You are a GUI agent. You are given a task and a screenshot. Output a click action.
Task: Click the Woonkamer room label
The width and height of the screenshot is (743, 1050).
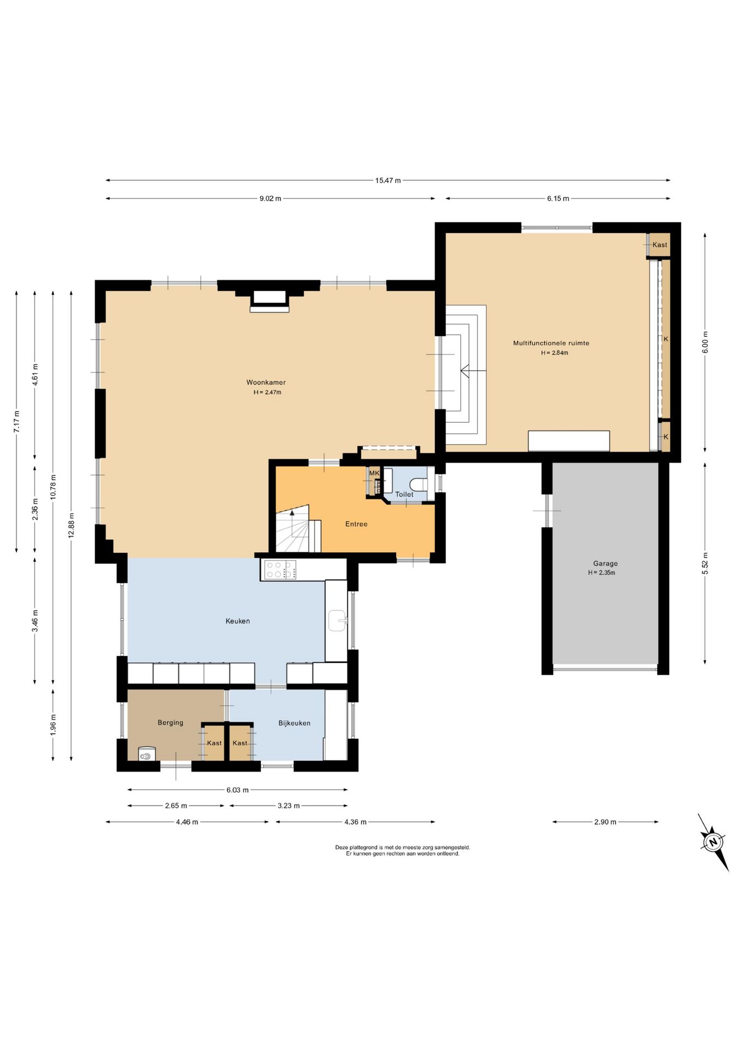tap(266, 382)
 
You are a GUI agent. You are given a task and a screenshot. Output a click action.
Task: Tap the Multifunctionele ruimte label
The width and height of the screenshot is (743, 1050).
tap(551, 343)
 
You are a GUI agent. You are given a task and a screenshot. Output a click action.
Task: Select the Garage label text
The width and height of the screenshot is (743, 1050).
tap(605, 563)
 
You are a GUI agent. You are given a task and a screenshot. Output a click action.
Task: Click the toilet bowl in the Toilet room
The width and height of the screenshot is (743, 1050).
tap(419, 485)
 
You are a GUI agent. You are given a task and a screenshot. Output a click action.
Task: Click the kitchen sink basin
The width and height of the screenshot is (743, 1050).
tap(338, 621)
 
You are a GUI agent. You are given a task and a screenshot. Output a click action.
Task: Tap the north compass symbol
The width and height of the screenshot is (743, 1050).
tap(713, 842)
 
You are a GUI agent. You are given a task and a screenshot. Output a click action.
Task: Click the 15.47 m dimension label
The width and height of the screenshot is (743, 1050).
tap(388, 180)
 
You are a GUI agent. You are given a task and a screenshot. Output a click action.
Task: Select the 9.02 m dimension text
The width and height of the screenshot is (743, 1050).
tap(270, 199)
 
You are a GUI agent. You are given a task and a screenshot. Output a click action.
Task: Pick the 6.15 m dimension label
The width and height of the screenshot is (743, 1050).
tap(558, 199)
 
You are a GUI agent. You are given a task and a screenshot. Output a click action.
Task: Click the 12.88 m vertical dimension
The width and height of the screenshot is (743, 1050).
tap(71, 526)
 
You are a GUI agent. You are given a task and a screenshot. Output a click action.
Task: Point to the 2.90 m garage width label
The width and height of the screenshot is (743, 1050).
tap(605, 822)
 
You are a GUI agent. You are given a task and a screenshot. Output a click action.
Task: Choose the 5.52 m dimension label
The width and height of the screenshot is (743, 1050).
tap(705, 564)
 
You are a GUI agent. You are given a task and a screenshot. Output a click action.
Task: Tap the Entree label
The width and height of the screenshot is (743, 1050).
tap(356, 524)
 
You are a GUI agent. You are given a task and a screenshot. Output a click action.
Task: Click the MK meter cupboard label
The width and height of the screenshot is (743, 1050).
tap(374, 473)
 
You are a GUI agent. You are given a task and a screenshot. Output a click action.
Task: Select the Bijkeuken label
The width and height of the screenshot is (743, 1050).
tap(294, 723)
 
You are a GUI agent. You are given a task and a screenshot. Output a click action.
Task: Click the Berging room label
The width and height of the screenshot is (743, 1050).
tap(170, 722)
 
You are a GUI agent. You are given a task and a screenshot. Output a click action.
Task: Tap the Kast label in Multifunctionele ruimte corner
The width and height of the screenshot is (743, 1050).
tap(660, 244)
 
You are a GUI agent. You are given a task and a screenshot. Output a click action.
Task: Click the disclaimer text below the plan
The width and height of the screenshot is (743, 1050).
tap(403, 850)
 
